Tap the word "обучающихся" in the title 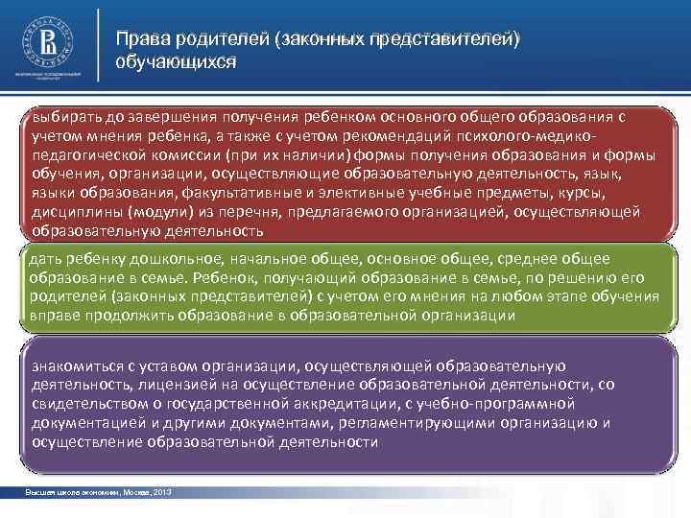pyautogui.click(x=176, y=61)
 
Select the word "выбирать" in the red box pyautogui.click(x=64, y=117)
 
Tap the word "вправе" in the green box pyautogui.click(x=51, y=316)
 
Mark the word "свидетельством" pyautogui.click(x=87, y=404)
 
